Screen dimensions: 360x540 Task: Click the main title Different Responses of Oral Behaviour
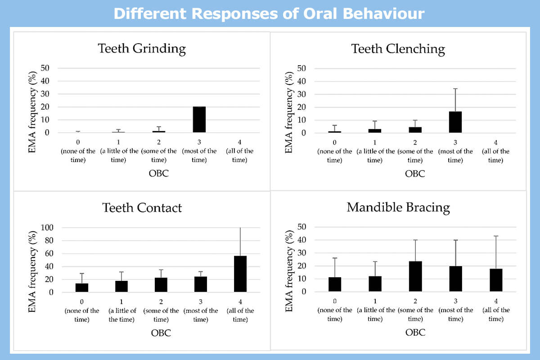coord(269,13)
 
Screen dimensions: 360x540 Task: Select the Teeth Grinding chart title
coord(142,49)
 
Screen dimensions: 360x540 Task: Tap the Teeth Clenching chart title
coord(398,49)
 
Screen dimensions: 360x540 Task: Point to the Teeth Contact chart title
coord(142,207)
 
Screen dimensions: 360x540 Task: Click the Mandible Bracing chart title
coord(398,207)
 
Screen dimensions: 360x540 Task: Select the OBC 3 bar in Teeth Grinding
coord(199,120)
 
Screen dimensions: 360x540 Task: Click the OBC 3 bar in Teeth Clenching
coord(455,122)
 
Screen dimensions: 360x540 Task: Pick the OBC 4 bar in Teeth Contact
coord(240,274)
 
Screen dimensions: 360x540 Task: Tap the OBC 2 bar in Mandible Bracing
coord(415,276)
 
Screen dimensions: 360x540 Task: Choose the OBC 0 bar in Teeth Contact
coord(82,288)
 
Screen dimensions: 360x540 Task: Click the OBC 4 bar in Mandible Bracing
coord(495,280)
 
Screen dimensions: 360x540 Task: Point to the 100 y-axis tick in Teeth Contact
coord(47,228)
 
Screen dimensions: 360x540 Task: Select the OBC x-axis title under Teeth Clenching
coord(415,174)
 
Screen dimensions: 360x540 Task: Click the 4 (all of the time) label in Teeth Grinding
coord(240,151)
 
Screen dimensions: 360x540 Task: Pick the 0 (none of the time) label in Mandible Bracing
coord(335,310)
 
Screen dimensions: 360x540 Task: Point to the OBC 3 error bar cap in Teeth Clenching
coord(455,89)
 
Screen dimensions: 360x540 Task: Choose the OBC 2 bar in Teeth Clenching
coord(415,130)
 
